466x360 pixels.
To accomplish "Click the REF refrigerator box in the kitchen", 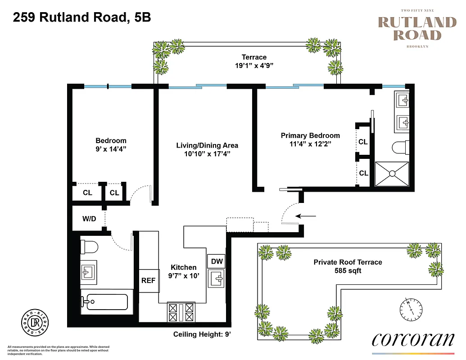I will point(148,280).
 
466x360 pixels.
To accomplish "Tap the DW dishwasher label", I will point(217,261).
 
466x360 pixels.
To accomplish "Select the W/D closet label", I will point(89,219).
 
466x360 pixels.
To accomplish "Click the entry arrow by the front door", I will point(308,216).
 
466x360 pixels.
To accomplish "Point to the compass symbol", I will point(411,309).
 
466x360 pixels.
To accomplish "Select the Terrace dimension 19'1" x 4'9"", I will point(254,66).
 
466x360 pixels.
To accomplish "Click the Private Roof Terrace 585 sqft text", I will point(348,266).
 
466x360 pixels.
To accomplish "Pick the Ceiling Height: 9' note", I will point(202,334).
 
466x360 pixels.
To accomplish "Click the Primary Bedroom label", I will point(310,135).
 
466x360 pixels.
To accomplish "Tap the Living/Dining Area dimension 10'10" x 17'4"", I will point(207,154).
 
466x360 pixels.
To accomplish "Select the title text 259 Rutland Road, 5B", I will point(81,18).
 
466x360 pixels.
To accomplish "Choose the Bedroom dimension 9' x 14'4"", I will point(111,149).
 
